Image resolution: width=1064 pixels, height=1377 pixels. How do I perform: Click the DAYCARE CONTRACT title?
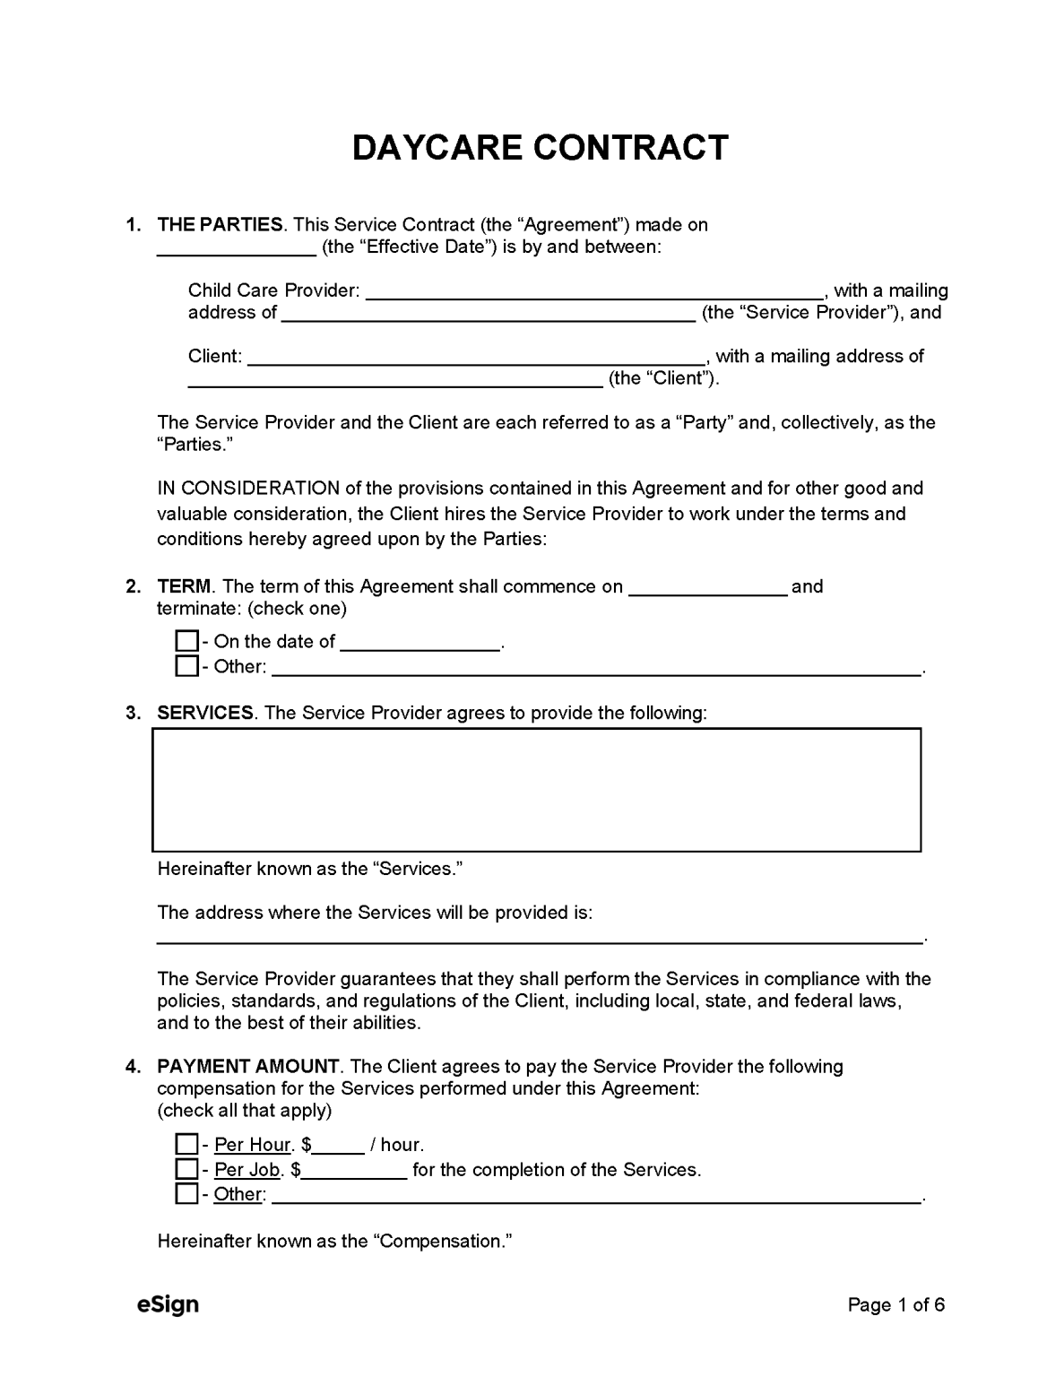[x=540, y=148]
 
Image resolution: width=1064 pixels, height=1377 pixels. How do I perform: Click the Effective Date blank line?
[x=237, y=248]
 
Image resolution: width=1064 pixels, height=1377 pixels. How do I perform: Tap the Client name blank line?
[x=475, y=357]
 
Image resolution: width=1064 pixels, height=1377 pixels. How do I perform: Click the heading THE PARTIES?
[x=220, y=225]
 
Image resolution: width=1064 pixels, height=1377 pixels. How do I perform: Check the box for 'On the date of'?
[x=186, y=641]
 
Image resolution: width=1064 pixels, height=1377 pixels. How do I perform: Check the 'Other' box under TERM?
[x=186, y=666]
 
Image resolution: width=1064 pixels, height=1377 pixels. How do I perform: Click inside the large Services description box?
[x=536, y=790]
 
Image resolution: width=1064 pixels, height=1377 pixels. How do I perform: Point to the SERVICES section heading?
[x=205, y=713]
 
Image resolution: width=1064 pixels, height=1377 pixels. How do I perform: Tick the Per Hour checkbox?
[x=186, y=1144]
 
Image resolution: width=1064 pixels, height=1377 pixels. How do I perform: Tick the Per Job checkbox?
[x=186, y=1169]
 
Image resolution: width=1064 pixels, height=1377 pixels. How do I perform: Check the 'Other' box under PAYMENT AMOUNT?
[x=186, y=1194]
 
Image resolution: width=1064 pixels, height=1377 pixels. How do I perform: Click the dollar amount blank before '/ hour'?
[x=339, y=1146]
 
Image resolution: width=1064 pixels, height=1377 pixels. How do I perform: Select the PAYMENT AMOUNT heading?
[x=248, y=1067]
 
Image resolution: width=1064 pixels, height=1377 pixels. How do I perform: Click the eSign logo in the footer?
[x=168, y=1304]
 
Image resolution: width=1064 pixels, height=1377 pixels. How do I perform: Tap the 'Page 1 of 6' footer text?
[x=895, y=1305]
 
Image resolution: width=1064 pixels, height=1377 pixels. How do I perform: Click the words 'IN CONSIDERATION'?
[x=248, y=489]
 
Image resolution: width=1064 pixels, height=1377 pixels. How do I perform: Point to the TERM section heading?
[x=184, y=587]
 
